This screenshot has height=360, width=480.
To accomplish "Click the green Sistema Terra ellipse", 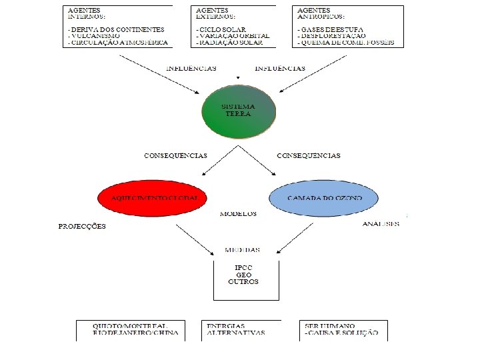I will pos(238,111).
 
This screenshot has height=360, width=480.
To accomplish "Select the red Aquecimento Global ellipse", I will pos(152,199).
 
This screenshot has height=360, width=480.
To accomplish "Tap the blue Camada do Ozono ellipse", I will pos(324,199).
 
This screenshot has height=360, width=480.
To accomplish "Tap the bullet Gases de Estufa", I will pos(333,30).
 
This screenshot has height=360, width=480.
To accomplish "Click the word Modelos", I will pos(238,214).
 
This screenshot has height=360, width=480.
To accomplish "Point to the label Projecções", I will pos(82,226).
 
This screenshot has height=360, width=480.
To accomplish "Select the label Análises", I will pos(381,223).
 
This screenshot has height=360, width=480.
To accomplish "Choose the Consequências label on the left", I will pos(175,155).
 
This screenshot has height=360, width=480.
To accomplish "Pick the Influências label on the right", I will pos(281,68).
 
